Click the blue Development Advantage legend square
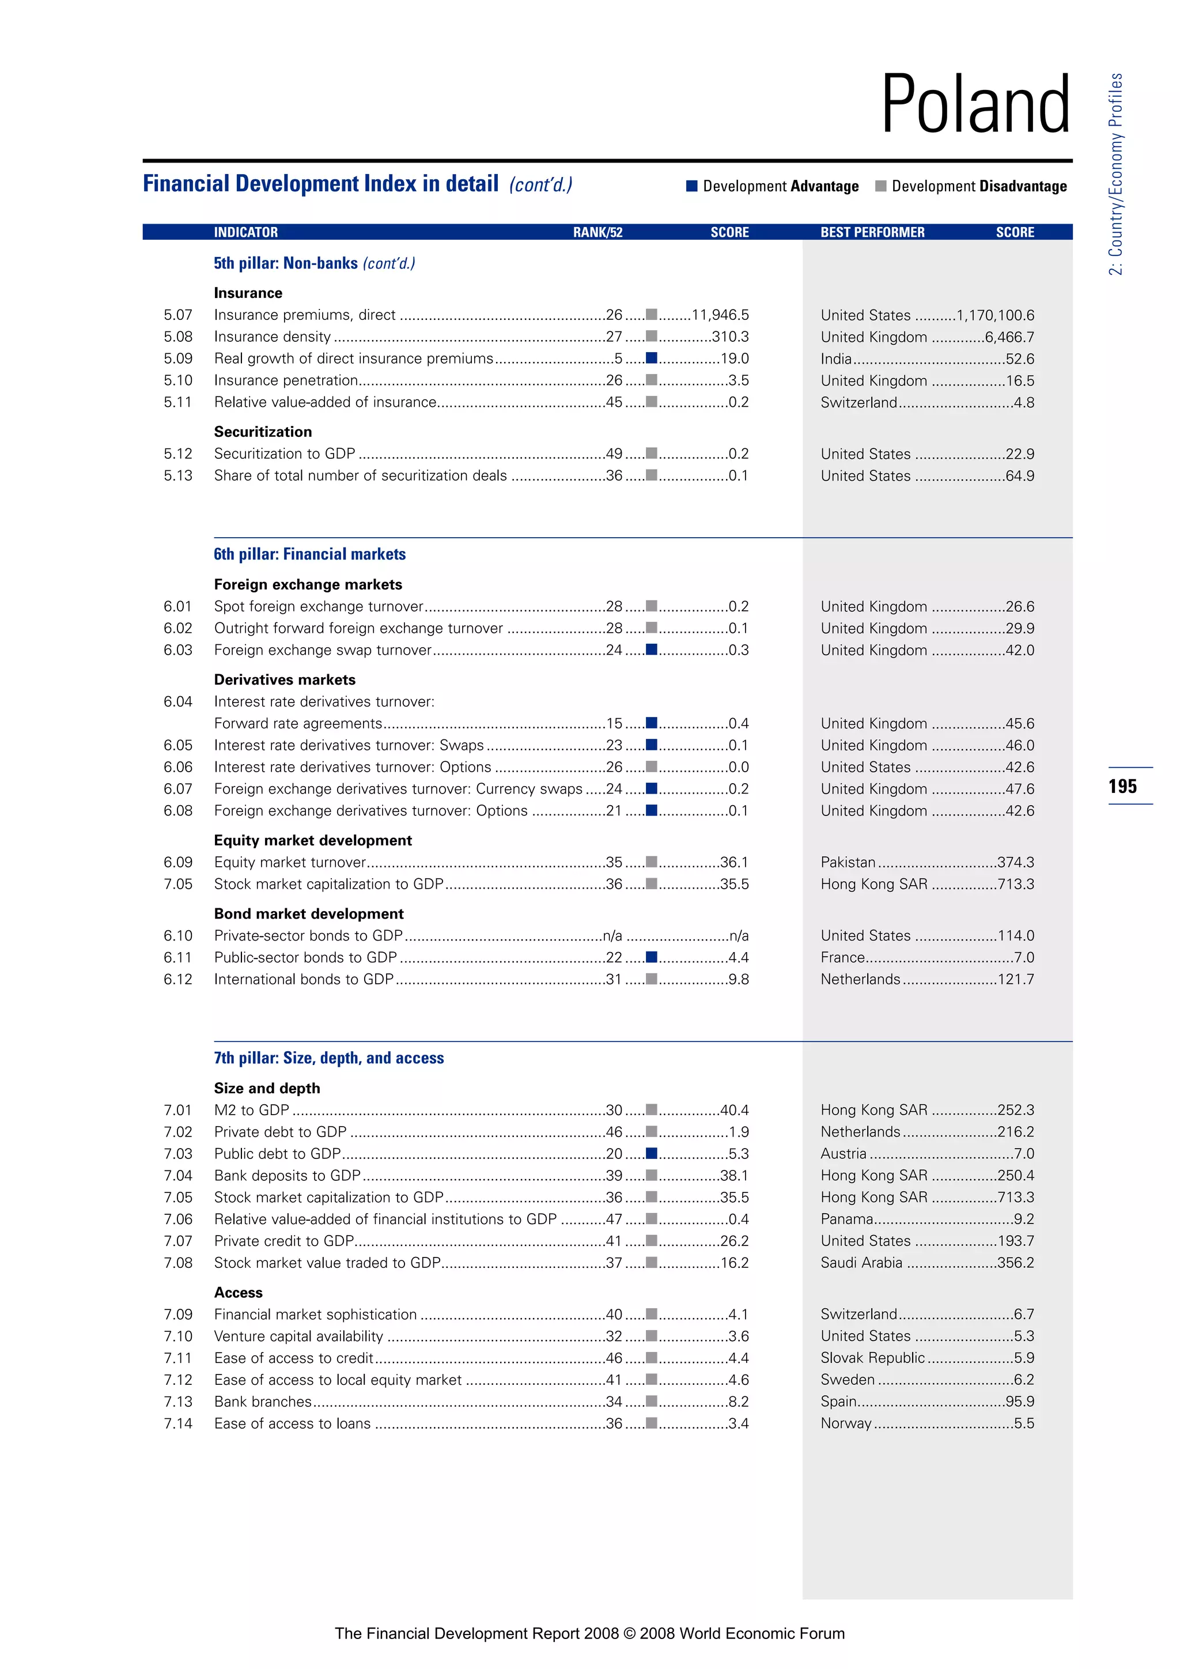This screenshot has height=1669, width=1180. pyautogui.click(x=692, y=186)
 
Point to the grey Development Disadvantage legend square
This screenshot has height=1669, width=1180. pyautogui.click(x=880, y=186)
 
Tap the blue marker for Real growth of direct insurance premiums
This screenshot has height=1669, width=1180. pyautogui.click(x=652, y=358)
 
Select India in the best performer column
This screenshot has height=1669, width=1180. pyautogui.click(x=835, y=359)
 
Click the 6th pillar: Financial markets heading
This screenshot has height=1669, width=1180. pyautogui.click(x=309, y=554)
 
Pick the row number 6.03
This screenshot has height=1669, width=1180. pyautogui.click(x=178, y=650)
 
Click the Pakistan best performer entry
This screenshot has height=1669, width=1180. pyautogui.click(x=848, y=862)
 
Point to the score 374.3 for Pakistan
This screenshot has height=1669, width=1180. pyautogui.click(x=1016, y=862)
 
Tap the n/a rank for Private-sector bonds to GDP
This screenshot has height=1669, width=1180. pyautogui.click(x=612, y=935)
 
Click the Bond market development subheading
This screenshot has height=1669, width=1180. pyautogui.click(x=309, y=913)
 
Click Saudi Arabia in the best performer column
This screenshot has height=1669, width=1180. pyautogui.click(x=861, y=1263)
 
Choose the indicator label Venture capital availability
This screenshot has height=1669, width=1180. pyautogui.click(x=298, y=1336)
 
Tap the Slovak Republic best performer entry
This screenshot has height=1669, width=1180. pyautogui.click(x=873, y=1358)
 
